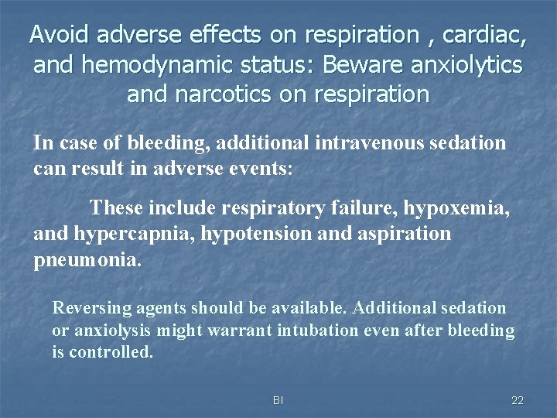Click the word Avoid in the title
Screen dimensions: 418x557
tap(58, 35)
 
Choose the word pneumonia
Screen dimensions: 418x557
tap(87, 259)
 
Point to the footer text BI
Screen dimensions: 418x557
tap(278, 400)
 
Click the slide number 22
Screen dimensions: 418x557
tap(518, 400)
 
